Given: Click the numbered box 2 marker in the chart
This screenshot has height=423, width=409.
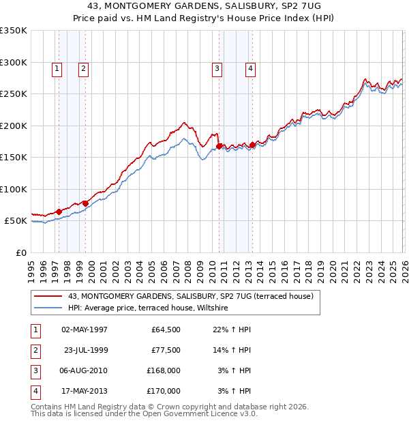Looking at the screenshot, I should (x=82, y=68).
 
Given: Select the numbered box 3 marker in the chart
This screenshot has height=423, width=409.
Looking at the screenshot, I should (x=217, y=68).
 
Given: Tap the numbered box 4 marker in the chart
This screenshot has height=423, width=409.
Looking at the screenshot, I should (x=250, y=68).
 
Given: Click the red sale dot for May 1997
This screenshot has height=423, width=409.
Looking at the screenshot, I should (x=59, y=211).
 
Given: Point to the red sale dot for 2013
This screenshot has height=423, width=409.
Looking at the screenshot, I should (x=252, y=145).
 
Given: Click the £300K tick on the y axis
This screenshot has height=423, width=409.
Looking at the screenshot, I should (x=13, y=62).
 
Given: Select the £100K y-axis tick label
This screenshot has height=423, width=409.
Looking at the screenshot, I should (x=13, y=189).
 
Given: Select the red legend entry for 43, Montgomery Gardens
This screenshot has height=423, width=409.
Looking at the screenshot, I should (x=190, y=296).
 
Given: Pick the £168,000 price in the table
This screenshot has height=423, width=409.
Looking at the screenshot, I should (x=164, y=370).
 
